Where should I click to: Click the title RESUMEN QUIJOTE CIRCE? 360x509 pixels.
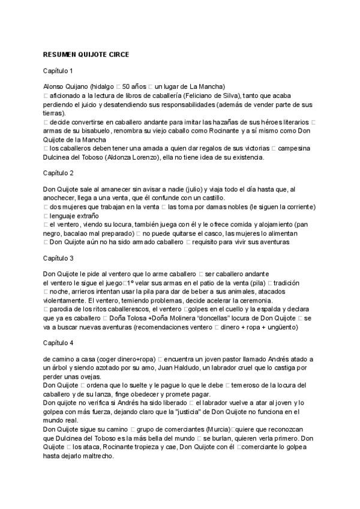[86, 54]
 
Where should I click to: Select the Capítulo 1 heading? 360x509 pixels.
[58, 71]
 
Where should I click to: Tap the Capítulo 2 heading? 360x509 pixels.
[58, 173]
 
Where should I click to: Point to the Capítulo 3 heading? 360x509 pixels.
[58, 258]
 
